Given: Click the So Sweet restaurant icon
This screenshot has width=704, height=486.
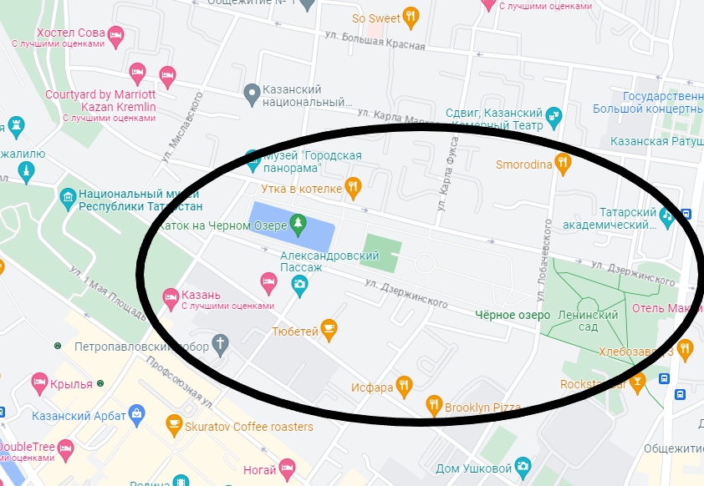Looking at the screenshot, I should coord(411,16).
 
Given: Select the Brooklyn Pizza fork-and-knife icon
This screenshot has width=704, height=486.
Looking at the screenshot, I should coord(433,407).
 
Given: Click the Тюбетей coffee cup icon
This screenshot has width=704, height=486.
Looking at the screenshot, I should coord(329,331).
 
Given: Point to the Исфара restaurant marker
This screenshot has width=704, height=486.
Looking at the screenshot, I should coord(405,386).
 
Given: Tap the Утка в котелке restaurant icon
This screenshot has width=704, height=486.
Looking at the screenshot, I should coord(354,188).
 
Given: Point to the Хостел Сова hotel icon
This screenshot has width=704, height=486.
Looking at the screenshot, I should coord(115,33).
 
